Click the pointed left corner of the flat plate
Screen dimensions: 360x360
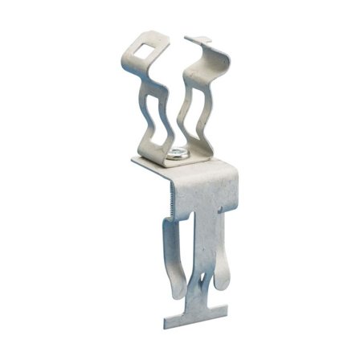134,161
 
